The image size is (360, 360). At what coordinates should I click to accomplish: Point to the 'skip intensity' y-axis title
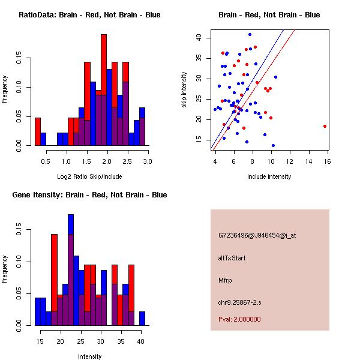[x=184, y=90]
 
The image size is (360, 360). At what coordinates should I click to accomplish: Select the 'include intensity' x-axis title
[x=269, y=176]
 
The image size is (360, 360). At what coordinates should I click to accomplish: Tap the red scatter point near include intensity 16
[x=325, y=126]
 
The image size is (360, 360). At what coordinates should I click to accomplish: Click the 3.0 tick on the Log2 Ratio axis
[x=148, y=161]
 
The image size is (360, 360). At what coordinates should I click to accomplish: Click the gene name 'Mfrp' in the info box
[x=225, y=280]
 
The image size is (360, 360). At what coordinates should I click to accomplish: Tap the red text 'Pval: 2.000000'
[x=239, y=319]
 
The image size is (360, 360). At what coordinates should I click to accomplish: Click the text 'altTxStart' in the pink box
[x=232, y=258]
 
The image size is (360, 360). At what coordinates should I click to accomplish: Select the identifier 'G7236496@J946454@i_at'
[x=257, y=235]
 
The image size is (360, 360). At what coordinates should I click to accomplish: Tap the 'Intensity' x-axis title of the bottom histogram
[x=89, y=356]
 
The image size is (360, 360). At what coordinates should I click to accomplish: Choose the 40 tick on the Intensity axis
[x=140, y=341]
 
